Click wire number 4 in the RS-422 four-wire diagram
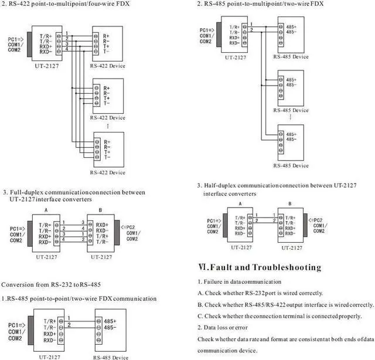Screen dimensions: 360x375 (x=67, y=49)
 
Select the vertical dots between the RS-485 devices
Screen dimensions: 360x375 (x=292, y=117)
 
